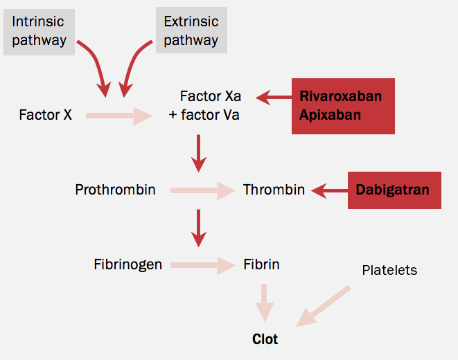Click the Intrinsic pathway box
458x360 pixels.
pyautogui.click(x=39, y=31)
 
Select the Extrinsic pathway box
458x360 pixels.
pyautogui.click(x=191, y=31)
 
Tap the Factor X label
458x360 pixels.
pyautogui.click(x=45, y=115)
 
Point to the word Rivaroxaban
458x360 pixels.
pyautogui.click(x=340, y=96)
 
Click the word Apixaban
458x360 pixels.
pyautogui.click(x=330, y=115)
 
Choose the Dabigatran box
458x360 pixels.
pyautogui.click(x=394, y=190)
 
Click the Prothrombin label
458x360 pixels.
pyautogui.click(x=115, y=190)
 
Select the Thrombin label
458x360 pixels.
pyautogui.click(x=274, y=190)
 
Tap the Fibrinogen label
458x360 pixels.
pyautogui.click(x=128, y=264)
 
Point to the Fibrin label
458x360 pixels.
pyautogui.click(x=261, y=264)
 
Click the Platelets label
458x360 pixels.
pyautogui.click(x=389, y=270)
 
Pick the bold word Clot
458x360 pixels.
pyautogui.click(x=265, y=339)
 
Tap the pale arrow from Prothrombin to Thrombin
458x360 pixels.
pyautogui.click(x=203, y=190)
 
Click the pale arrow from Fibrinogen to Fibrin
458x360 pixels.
pyautogui.click(x=203, y=264)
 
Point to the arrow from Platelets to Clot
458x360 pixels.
pyautogui.click(x=324, y=305)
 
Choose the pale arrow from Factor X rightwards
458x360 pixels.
pyautogui.click(x=118, y=116)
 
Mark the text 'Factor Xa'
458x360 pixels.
pyautogui.click(x=210, y=96)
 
